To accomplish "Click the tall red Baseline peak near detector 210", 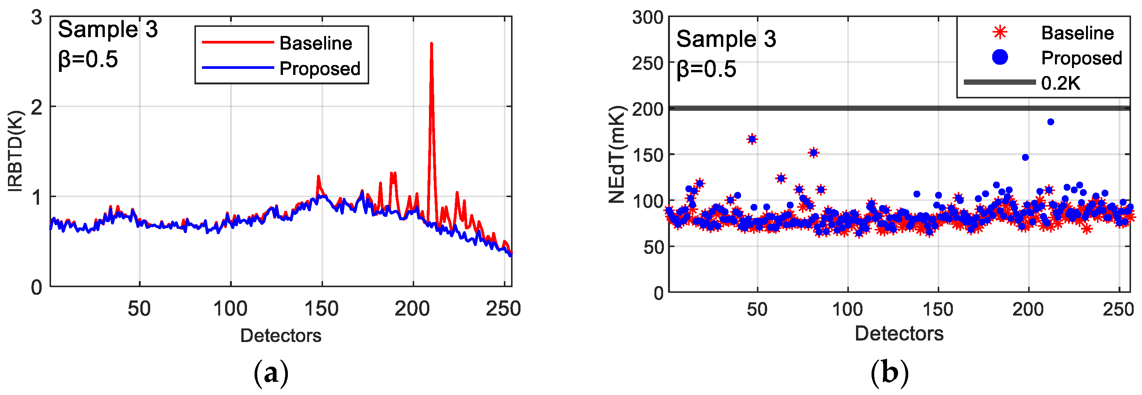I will coord(431,44).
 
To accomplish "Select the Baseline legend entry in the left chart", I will coord(315,43).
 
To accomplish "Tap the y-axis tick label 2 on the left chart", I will coord(37,107).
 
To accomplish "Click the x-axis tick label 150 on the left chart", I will coord(322,309).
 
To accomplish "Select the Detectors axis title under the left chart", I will coord(281,336).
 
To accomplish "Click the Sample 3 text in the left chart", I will coord(108,29).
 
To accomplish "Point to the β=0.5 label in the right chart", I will coord(706,69).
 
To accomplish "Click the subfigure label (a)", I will coord(271,373).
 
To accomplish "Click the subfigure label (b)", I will coord(889,373).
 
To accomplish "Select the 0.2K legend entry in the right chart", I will coord(1060,83).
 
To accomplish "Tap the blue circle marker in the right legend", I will coord(1000,57).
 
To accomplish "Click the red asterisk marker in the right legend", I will coord(1000,33).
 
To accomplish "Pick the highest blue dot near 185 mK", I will coord(1050,122).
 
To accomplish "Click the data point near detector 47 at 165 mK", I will coord(752,139).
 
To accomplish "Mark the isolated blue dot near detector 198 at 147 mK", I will coord(1025,157).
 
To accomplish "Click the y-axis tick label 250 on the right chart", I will coord(647,64).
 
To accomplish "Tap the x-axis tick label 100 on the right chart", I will coord(847,309).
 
